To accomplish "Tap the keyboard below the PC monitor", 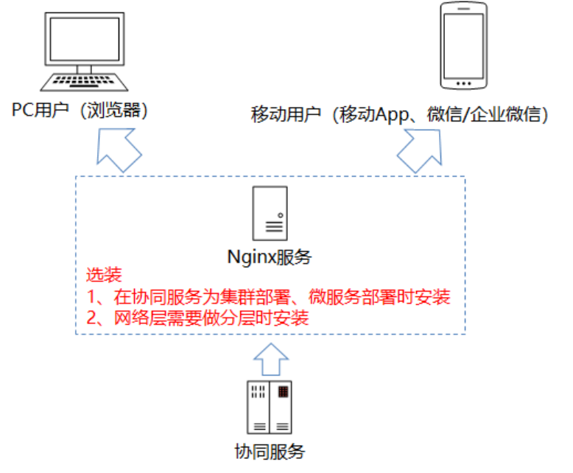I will tap(85, 80).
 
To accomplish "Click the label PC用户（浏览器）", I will tap(81, 111).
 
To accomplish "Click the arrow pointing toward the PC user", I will tap(118, 148).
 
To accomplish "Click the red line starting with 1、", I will tap(268, 298).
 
